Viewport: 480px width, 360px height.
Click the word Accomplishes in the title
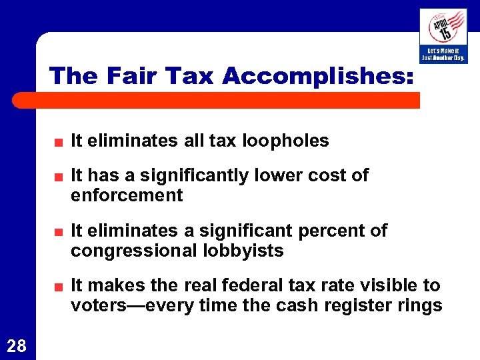[318, 76]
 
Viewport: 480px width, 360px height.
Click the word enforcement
[127, 195]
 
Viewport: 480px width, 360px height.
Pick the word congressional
[133, 251]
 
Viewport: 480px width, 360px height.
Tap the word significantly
[195, 175]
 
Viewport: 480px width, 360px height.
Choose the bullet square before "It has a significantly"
[59, 177]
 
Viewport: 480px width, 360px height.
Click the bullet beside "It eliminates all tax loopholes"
[59, 142]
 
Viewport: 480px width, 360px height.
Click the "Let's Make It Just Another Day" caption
[443, 54]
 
